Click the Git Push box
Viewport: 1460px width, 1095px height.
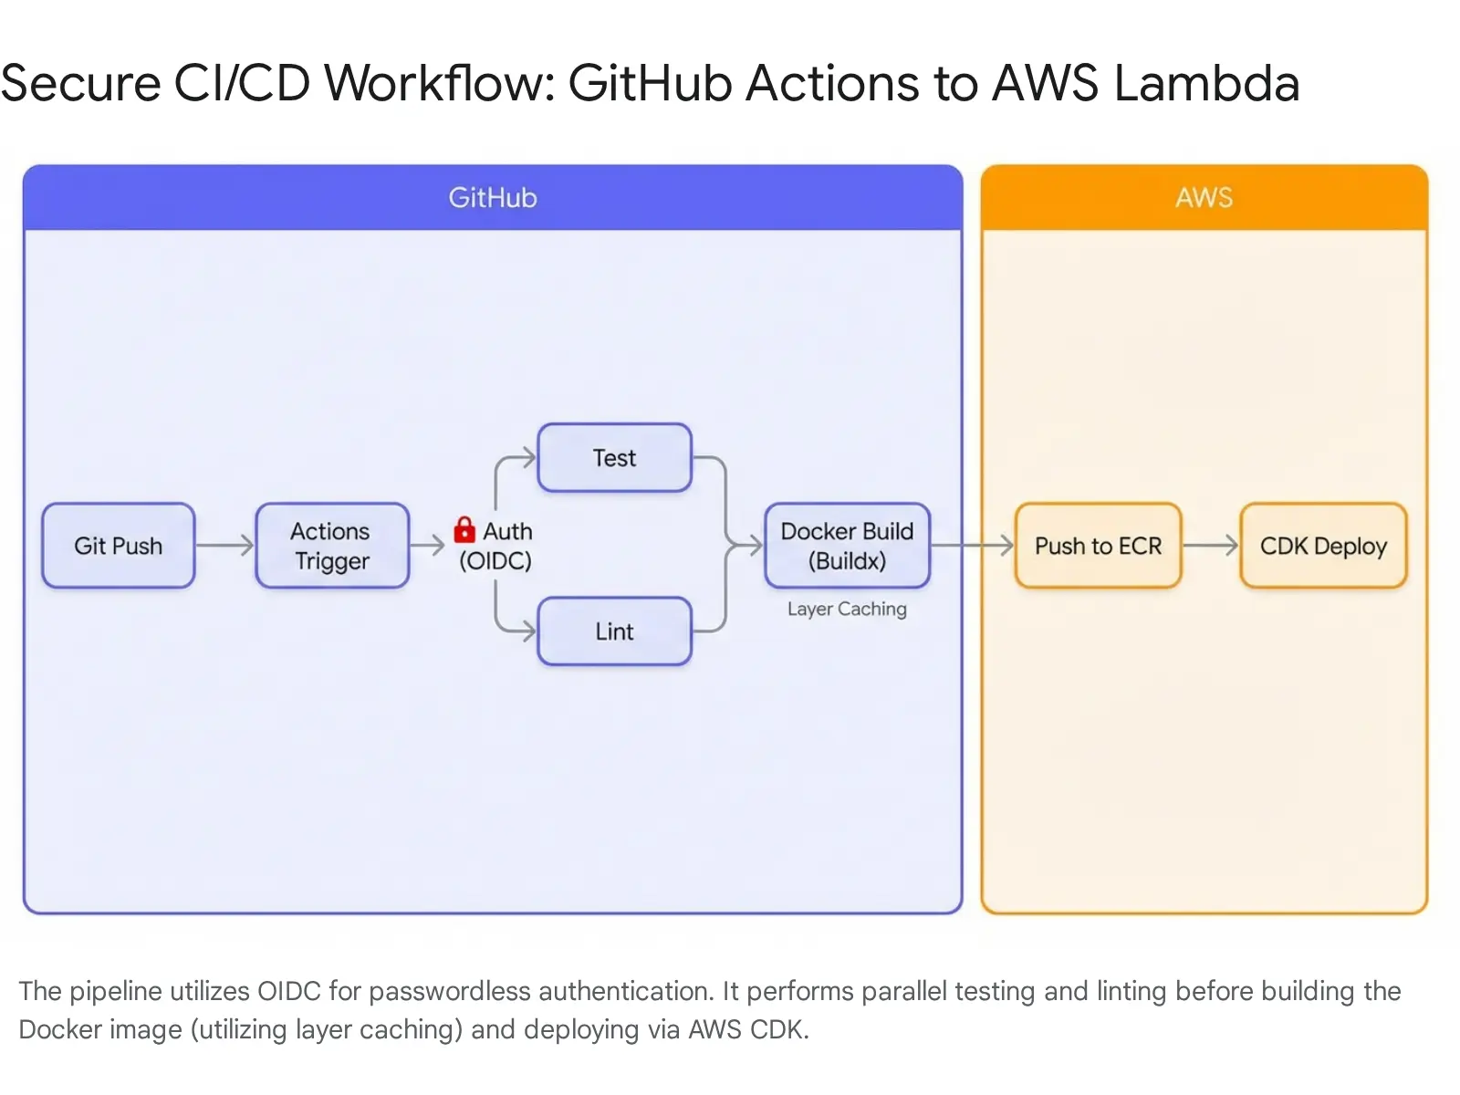click(x=119, y=546)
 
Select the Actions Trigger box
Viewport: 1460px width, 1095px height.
click(x=332, y=546)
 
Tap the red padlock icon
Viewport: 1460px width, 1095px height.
click(x=464, y=529)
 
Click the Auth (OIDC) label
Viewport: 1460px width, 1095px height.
click(x=497, y=546)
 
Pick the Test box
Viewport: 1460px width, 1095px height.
click(x=614, y=458)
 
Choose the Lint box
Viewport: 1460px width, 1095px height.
click(x=614, y=631)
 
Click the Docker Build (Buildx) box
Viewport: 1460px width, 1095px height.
click(x=847, y=546)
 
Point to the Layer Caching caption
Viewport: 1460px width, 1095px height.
click(x=847, y=609)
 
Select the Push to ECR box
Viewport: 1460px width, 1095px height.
click(x=1098, y=546)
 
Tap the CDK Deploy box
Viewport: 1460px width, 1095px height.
click(x=1323, y=546)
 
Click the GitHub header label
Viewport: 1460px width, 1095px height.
click(x=493, y=198)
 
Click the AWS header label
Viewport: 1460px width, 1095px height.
click(x=1204, y=198)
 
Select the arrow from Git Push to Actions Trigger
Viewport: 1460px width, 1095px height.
click(x=224, y=546)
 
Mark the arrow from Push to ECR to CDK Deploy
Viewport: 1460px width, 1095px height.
click(x=1210, y=546)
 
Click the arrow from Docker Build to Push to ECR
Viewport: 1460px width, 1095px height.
click(x=972, y=546)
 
